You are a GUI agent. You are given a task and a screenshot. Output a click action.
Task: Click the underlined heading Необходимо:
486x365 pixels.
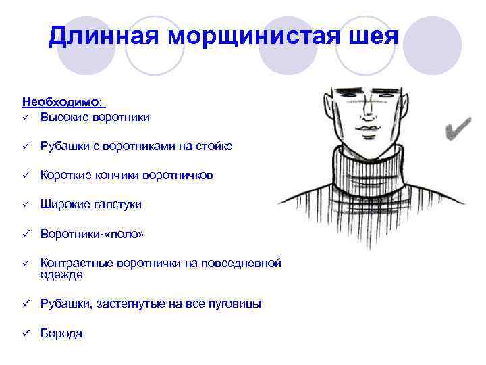click(x=62, y=102)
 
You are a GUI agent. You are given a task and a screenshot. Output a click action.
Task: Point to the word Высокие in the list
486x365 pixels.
click(x=62, y=117)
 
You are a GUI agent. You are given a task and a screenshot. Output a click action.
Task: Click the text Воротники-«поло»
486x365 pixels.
click(x=92, y=234)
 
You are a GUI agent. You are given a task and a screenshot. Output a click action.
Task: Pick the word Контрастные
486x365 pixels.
click(x=76, y=263)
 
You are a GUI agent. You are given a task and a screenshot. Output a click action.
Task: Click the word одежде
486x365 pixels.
click(x=61, y=274)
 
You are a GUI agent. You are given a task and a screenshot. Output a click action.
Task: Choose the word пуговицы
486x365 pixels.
click(x=236, y=304)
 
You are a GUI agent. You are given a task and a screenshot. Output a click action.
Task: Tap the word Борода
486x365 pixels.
click(x=61, y=333)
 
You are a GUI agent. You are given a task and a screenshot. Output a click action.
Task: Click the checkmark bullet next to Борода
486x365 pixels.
click(x=25, y=333)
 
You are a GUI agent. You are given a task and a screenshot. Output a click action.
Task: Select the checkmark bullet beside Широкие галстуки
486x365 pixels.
click(x=25, y=204)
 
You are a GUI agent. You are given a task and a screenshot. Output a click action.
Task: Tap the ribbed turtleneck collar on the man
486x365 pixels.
click(x=369, y=169)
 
